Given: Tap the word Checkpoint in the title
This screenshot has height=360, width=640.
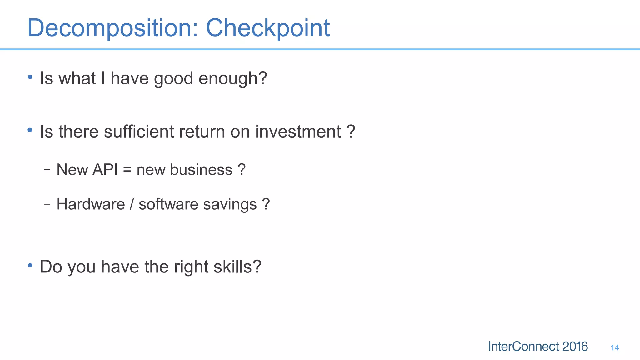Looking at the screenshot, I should pos(268,28).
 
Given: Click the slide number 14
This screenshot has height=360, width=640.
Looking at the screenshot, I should pos(615,347).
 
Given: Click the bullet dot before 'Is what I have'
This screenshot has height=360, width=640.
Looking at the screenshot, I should pos(30,77).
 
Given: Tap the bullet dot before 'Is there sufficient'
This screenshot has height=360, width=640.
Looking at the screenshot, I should pos(30,130).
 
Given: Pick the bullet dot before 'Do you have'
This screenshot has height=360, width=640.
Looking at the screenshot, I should pos(30,265).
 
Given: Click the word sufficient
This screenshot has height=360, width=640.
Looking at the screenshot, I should pos(139,131).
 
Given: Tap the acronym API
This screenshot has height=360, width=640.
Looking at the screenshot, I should pos(105,170).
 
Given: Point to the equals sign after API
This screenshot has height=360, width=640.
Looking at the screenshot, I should pos(127,170).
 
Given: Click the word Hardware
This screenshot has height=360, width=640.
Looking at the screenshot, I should pos(91,204).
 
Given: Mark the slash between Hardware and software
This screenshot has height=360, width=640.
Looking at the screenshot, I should pos(132,204).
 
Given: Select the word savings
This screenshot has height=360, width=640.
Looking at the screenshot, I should pos(230,205).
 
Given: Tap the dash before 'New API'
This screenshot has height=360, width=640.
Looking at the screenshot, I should pos(47,170).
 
